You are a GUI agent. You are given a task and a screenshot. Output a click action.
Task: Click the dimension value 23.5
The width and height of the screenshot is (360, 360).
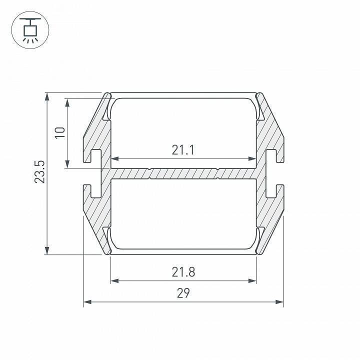tap(39, 171)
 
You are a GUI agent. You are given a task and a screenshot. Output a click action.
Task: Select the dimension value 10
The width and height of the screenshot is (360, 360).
tap(60, 132)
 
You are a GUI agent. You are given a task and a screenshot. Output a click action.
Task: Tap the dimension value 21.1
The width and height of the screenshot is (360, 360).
tap(183, 150)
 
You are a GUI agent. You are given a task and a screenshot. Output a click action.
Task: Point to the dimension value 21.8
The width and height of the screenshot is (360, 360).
tap(183, 272)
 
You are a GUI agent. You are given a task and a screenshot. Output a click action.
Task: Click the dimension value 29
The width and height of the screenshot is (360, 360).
tap(183, 293)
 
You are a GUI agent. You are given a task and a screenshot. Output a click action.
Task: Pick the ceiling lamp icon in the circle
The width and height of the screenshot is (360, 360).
tap(30, 30)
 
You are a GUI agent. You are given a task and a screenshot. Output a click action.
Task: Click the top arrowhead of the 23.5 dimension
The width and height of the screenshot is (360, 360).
tap(47, 96)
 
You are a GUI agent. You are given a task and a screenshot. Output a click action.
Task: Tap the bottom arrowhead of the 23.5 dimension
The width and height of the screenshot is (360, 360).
tap(47, 250)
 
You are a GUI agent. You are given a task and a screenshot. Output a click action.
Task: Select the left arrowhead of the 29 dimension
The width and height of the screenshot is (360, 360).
tap(87, 301)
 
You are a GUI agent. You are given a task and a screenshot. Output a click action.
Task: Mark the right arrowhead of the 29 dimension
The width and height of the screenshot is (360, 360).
tap(279, 301)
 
